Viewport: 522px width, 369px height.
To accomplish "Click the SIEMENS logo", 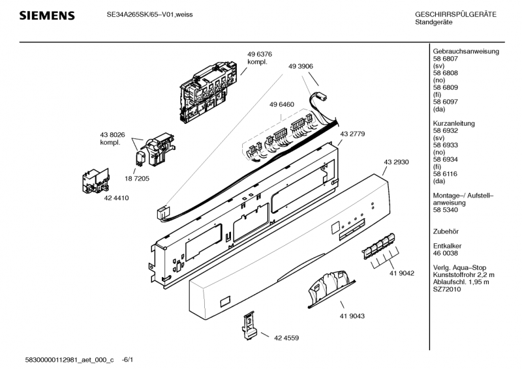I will [x=46, y=16].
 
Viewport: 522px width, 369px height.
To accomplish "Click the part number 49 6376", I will [x=259, y=54].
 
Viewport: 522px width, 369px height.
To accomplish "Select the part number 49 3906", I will [x=300, y=66].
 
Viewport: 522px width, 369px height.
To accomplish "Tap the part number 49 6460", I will [x=282, y=104].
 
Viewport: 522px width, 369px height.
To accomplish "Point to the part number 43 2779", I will [x=352, y=133].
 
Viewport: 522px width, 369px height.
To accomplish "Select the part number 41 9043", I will [x=352, y=316].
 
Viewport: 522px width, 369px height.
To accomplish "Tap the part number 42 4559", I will [x=286, y=338].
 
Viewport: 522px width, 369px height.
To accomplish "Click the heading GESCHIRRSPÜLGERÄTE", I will [x=455, y=14].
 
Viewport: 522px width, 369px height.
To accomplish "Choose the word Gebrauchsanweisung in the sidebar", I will [x=466, y=51].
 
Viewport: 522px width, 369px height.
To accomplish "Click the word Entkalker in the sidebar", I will [x=448, y=245].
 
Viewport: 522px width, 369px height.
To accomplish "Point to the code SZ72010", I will [x=447, y=289].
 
